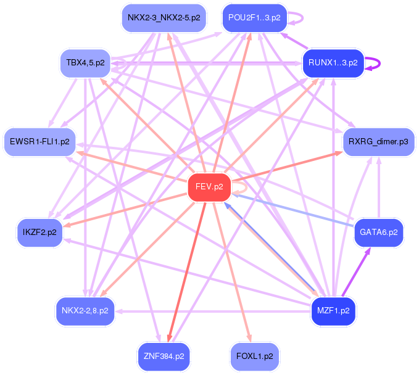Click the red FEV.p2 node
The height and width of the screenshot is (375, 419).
click(x=209, y=186)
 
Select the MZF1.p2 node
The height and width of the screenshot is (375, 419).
click(x=333, y=310)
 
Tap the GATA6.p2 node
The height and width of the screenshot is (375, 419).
click(x=379, y=233)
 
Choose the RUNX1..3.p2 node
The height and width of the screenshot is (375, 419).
click(x=333, y=63)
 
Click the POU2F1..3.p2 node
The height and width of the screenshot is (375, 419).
click(x=254, y=17)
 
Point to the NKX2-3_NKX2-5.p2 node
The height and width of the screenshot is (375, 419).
click(x=164, y=17)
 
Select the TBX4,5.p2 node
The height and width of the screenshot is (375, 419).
click(x=85, y=63)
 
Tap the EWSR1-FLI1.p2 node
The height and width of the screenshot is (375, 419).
click(x=39, y=141)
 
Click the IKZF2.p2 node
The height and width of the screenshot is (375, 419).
click(x=39, y=233)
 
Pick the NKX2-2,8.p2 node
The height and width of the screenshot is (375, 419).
click(x=85, y=310)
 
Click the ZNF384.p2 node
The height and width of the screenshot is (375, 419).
click(x=164, y=356)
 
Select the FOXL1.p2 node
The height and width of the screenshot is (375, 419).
click(x=254, y=356)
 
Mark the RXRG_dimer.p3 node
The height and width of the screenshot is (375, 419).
click(x=379, y=141)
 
